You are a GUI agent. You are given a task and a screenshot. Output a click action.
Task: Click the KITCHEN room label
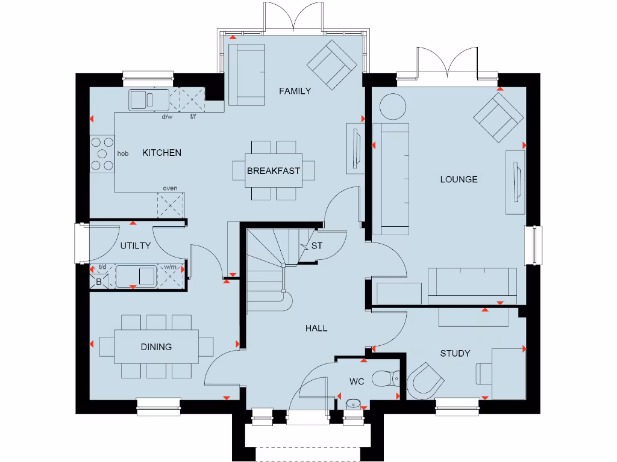tap(161, 153)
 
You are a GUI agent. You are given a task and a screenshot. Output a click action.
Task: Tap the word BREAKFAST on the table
tap(273, 171)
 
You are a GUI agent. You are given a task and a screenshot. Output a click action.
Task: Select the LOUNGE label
tap(459, 179)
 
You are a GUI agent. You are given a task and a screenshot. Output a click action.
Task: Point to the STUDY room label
tap(455, 353)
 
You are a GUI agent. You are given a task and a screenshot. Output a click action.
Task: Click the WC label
tap(357, 381)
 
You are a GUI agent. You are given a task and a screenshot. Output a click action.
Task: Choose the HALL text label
tap(316, 328)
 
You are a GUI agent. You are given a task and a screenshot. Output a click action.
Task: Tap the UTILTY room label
tap(135, 245)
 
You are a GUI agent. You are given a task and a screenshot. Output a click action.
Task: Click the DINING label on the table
tap(156, 346)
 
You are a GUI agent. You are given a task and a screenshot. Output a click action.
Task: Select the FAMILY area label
tap(295, 91)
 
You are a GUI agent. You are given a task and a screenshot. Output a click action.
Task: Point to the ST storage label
tap(316, 245)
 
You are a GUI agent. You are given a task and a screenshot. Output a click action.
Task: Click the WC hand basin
tap(353, 404)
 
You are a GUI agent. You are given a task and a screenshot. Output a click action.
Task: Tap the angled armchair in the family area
tap(331, 64)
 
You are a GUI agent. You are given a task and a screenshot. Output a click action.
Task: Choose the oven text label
tap(170, 188)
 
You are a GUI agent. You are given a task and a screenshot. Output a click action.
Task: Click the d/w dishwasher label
tap(167, 117)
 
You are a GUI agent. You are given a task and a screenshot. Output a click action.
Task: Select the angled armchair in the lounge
tap(498, 116)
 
